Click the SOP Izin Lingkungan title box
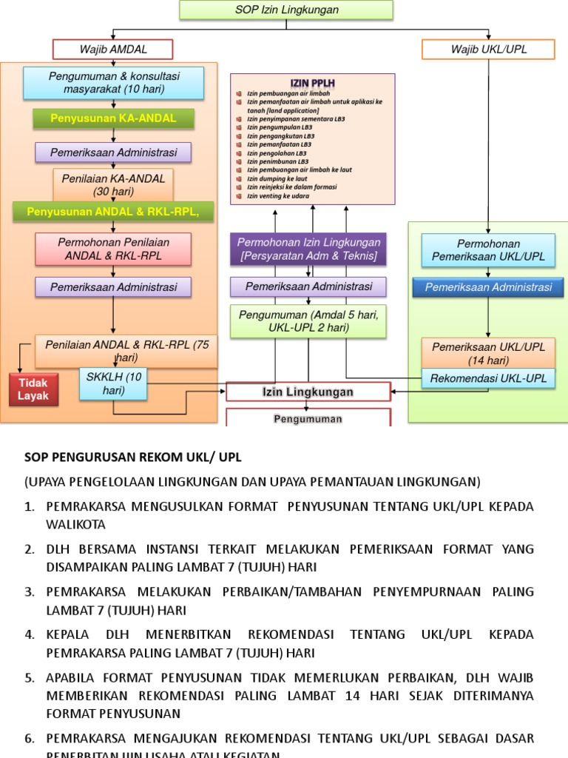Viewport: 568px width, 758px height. coord(286,10)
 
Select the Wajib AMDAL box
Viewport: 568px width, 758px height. coord(112,50)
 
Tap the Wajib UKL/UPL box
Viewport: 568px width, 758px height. coord(488,50)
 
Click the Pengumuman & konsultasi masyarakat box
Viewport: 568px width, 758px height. coord(113,83)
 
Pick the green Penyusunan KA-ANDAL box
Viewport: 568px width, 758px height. coord(113,118)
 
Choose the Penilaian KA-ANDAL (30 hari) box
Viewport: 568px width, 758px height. coord(113,184)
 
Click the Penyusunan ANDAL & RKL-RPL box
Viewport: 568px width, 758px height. coord(113,212)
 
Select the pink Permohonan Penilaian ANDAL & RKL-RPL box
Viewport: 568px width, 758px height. coord(113,249)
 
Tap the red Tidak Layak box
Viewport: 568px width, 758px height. coord(33,389)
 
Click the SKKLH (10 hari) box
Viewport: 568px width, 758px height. coord(113,383)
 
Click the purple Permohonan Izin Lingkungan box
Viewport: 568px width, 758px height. coord(308,249)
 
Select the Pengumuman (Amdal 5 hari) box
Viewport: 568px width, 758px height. coord(308,321)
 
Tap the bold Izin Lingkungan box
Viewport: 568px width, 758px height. coord(308,392)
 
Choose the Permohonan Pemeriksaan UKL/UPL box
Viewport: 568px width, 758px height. coord(488,249)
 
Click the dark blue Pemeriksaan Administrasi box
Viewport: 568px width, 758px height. coord(488,287)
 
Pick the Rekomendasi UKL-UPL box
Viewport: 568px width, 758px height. coord(488,378)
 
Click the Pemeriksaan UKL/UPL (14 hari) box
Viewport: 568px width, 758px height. coord(488,352)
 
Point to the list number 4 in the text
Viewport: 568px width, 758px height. coord(30,635)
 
